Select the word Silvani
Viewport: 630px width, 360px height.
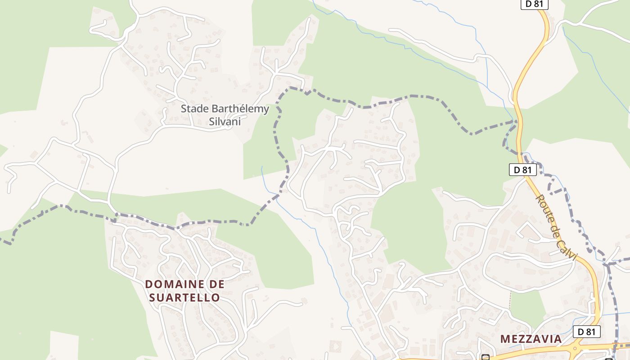tap(225, 121)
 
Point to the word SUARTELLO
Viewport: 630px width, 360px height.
tap(184, 298)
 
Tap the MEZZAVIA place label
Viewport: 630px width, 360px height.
tap(531, 339)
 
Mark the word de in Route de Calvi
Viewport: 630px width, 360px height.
tap(554, 228)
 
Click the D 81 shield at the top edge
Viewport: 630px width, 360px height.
tap(535, 4)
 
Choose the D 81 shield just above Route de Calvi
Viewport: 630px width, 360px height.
tap(522, 170)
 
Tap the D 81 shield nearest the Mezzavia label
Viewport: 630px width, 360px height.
tap(587, 332)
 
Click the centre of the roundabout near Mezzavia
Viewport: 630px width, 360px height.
tap(576, 348)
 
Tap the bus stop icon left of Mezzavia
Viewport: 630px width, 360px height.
tap(486, 358)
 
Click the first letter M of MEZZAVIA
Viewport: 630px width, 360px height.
tap(505, 339)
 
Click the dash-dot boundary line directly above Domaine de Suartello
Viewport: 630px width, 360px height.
tap(180, 225)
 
